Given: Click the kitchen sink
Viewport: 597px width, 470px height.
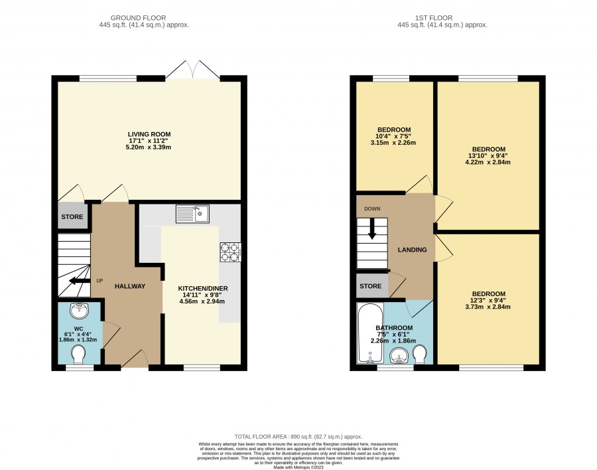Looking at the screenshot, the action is (x=192, y=214).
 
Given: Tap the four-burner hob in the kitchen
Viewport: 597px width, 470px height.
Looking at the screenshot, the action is (x=230, y=252).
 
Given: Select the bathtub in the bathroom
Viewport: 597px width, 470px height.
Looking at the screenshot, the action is (x=370, y=333).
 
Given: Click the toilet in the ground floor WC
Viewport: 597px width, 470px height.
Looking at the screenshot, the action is (x=79, y=354).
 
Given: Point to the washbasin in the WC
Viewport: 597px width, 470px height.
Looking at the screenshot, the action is (x=79, y=310).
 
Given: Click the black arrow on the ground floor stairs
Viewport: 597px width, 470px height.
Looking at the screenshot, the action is (x=78, y=281).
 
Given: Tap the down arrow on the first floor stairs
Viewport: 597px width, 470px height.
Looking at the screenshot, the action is (x=372, y=230).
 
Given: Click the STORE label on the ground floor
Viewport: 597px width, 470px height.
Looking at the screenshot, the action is (x=72, y=217).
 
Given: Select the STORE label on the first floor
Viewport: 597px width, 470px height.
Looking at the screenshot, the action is (x=370, y=286).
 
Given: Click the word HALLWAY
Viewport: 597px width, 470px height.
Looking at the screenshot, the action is (x=130, y=286).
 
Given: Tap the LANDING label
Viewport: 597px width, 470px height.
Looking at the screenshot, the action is (x=413, y=250).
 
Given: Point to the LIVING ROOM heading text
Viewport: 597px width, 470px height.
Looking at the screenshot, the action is (x=149, y=134).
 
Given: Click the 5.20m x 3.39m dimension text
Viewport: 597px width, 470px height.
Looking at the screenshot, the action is (x=149, y=147).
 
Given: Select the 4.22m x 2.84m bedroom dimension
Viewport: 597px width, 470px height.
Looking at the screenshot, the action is (x=488, y=162).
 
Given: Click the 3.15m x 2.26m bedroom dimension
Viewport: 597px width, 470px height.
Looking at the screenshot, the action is (x=393, y=143).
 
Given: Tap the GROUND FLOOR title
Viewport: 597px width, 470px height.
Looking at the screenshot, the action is (x=138, y=18).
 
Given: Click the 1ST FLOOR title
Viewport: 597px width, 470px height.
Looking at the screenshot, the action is (x=434, y=18).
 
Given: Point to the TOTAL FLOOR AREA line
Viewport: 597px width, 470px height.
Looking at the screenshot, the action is (x=298, y=437).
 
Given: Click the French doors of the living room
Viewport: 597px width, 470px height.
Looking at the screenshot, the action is (x=192, y=70).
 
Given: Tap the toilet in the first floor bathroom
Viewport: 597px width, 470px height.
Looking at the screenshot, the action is (x=421, y=354).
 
